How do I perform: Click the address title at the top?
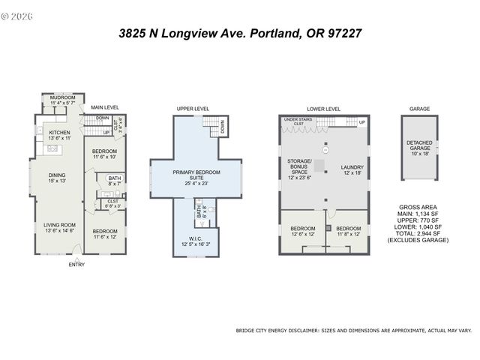(x=241, y=33)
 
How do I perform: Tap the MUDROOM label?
(x=62, y=98)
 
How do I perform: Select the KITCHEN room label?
(x=59, y=136)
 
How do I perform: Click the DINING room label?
(x=58, y=178)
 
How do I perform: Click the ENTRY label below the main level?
(x=76, y=264)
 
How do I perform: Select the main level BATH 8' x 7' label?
(x=114, y=180)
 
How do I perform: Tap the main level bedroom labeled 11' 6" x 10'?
(x=104, y=154)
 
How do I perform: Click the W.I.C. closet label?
(x=194, y=240)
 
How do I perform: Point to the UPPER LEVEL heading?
(x=193, y=109)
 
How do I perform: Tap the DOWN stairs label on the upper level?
(x=223, y=130)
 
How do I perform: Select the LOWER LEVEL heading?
(x=323, y=109)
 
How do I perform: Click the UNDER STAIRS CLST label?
(x=298, y=121)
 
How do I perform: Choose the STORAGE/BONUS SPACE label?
(x=298, y=169)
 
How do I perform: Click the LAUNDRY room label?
(x=351, y=169)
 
